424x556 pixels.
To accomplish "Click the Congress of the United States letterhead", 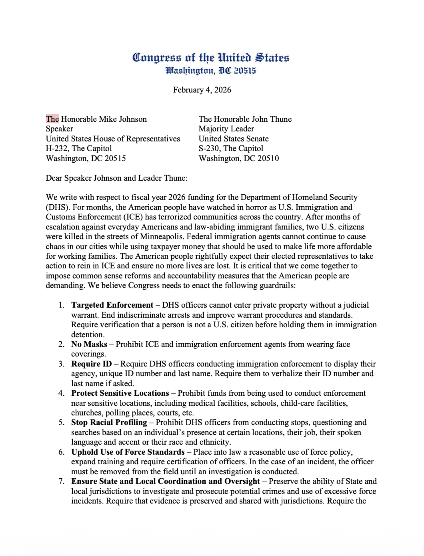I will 211,58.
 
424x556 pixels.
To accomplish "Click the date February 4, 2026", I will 202,90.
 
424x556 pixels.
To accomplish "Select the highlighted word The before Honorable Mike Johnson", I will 52,119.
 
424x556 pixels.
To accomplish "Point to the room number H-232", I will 57,149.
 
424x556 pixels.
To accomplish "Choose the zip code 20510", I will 268,158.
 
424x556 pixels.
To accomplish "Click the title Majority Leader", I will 226,129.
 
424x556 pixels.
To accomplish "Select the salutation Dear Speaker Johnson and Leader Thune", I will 116,178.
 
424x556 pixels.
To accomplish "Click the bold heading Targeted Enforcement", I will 112,305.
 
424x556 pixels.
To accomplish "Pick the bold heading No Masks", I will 89,344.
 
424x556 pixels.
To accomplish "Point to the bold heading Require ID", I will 92,364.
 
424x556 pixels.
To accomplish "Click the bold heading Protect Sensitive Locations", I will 120,393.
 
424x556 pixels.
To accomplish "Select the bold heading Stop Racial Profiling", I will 109,423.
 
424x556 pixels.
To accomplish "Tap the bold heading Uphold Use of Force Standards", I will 128,452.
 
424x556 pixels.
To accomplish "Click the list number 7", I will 61,481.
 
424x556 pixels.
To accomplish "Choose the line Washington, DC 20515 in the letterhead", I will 211,71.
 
